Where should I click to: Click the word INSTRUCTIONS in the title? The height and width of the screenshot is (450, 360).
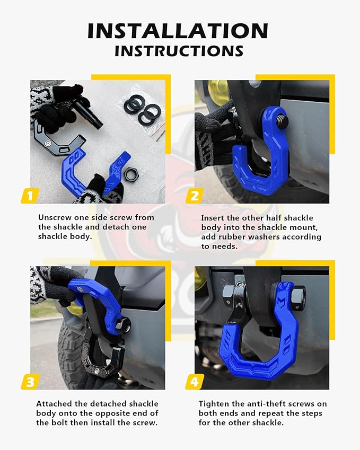coord(179,51)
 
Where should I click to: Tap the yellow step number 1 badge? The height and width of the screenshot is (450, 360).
coord(30,196)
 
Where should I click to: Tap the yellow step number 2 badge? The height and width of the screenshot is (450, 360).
coord(194,196)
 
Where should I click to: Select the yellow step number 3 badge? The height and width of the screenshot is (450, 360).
coord(30,381)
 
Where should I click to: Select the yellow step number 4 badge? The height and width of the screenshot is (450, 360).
coord(194,381)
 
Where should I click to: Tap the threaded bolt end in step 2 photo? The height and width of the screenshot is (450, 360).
coord(282,120)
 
